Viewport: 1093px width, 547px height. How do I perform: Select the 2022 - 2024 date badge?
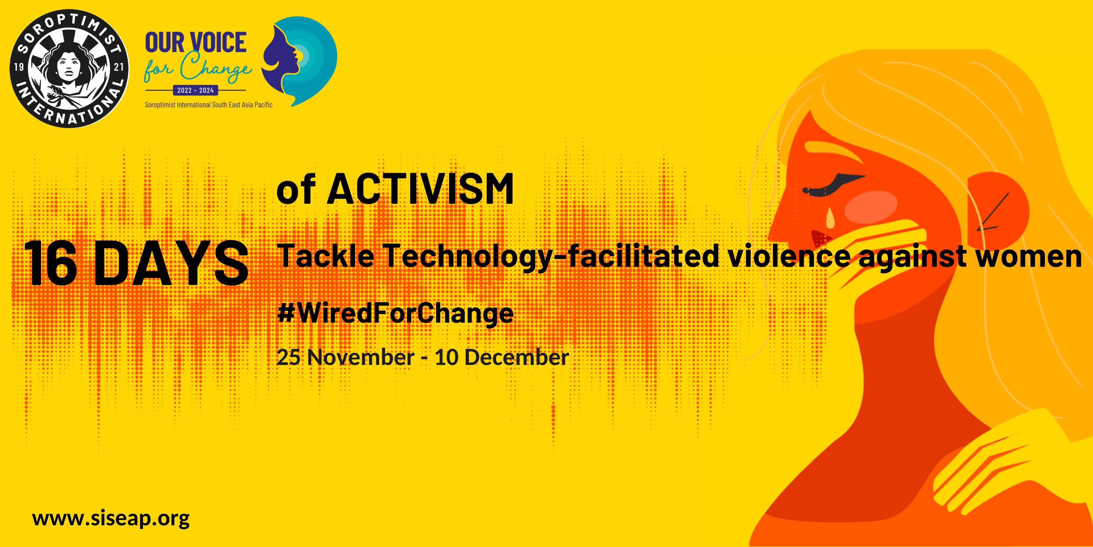tap(195, 90)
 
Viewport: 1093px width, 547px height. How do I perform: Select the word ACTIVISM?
tap(420, 189)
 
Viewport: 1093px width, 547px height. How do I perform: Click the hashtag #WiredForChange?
tap(395, 314)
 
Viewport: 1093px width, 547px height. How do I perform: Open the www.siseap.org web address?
tap(111, 519)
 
